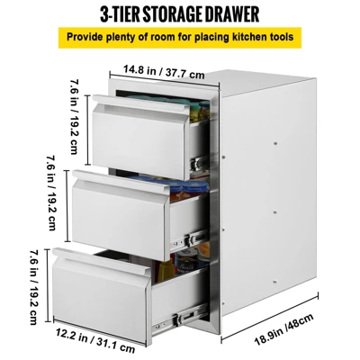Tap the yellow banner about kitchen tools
click(179, 40)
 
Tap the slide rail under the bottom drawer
click(176, 314)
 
